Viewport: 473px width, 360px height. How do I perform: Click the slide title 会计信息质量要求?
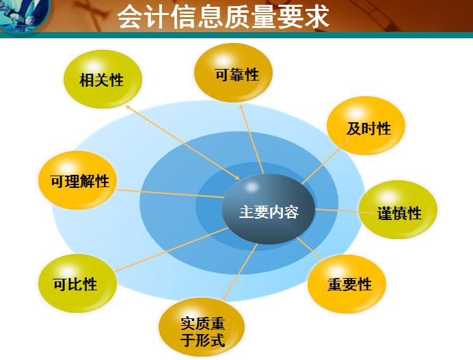pyautogui.click(x=223, y=17)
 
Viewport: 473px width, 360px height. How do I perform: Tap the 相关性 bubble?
pyautogui.click(x=102, y=80)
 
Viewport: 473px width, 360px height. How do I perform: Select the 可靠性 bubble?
pyautogui.click(x=233, y=74)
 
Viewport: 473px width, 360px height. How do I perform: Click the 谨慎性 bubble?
pyautogui.click(x=398, y=211)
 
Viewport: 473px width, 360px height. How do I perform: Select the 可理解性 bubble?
pyautogui.click(x=78, y=181)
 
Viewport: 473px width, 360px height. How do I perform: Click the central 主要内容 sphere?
pyautogui.click(x=269, y=211)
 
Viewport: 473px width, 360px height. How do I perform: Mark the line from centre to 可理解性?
pyautogui.click(x=167, y=193)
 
